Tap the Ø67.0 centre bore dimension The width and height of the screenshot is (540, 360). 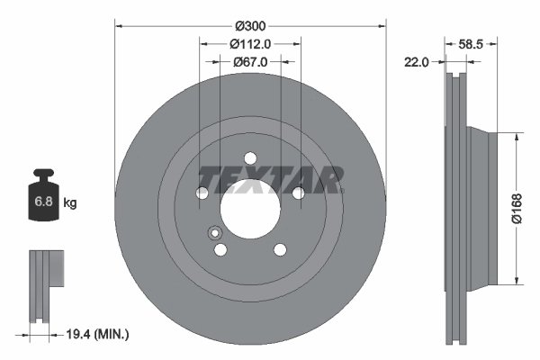(250, 62)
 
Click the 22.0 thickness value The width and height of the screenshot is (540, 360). (416, 62)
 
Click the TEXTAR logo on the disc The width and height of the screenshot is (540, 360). (270, 180)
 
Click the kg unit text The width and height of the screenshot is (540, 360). (70, 203)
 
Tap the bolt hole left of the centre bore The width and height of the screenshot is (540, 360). (202, 193)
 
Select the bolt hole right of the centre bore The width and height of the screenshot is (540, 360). (297, 193)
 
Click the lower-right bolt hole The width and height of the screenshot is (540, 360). (279, 249)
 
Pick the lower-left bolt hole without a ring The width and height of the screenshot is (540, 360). (220, 249)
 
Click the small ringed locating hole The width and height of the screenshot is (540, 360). (215, 233)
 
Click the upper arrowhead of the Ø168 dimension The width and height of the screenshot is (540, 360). (516, 137)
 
